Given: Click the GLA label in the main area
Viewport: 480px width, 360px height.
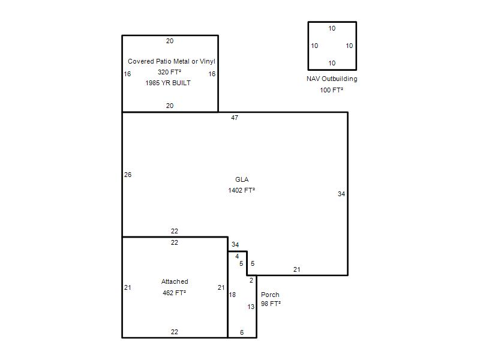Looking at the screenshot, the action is coord(242,179).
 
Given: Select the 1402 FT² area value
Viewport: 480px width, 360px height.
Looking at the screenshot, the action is coord(242,190).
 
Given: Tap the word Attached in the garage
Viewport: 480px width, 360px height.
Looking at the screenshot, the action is coord(175,281).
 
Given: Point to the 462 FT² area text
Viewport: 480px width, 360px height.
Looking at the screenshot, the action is coord(174,293).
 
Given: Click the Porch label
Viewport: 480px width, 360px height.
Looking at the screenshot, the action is coord(270,295).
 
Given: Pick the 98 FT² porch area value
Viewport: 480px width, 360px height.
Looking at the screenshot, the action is coord(271,304).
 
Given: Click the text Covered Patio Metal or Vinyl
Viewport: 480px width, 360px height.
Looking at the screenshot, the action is coord(172,61).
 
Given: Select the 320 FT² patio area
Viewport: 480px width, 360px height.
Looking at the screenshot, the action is coord(169,72).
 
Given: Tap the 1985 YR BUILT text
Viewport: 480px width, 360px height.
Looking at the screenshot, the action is coord(168,83).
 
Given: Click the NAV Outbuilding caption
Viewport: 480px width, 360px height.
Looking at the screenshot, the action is coord(332,79).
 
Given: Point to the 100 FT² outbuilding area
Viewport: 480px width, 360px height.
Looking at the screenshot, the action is coord(332,90).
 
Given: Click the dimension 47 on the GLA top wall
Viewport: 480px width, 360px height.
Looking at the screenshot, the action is coord(235,118).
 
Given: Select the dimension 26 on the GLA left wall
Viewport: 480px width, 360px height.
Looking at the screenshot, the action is coord(128,175).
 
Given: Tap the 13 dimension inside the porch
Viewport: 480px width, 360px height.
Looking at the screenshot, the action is coord(251,307).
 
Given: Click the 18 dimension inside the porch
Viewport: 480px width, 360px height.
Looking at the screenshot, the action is coord(232,295).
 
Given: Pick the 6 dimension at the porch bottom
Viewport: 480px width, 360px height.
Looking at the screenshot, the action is coord(242,332).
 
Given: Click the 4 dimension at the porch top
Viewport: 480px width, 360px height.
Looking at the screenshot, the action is coord(237,256).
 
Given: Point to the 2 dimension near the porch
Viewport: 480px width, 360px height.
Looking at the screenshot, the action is coord(251,280).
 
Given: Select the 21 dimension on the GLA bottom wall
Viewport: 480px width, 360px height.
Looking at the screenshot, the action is coord(296,269).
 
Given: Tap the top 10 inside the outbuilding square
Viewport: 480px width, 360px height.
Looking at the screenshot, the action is coord(332,28).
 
